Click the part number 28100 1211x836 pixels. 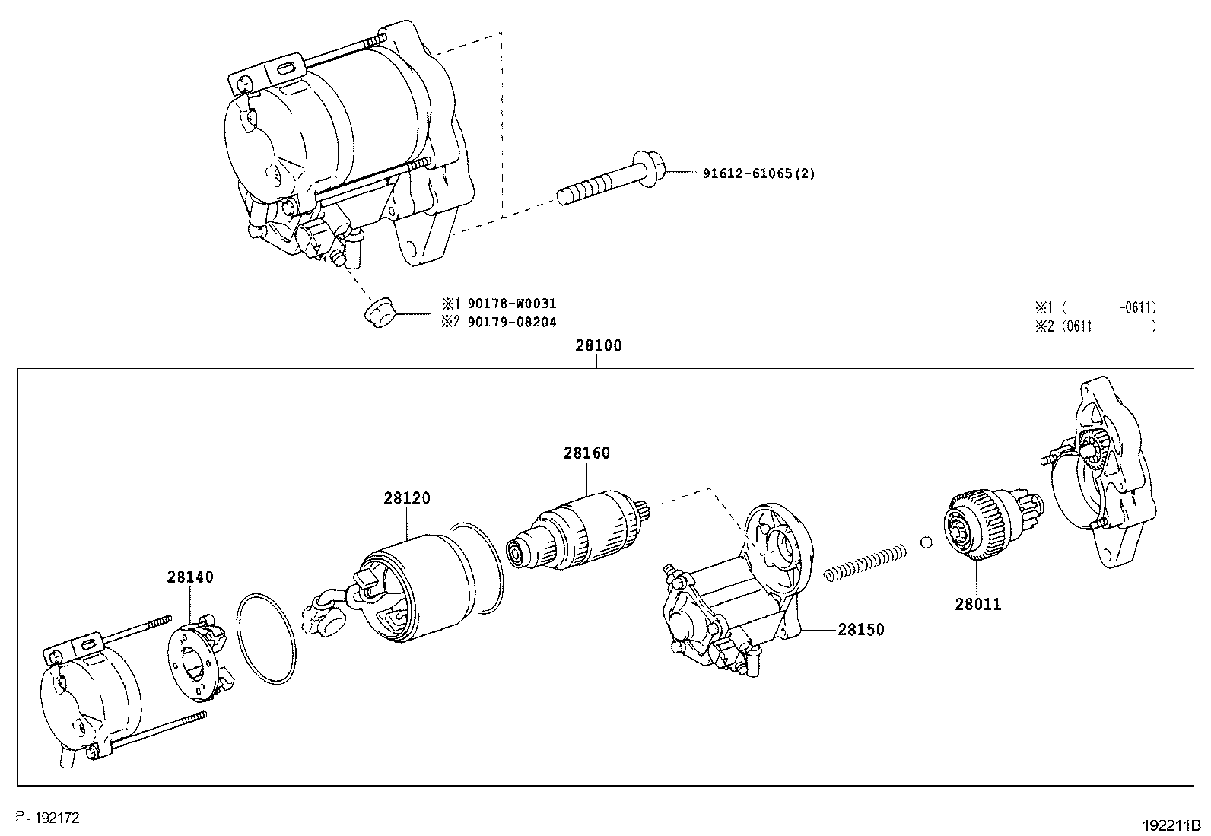click(598, 345)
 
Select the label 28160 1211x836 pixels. click(586, 453)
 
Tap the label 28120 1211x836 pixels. click(406, 498)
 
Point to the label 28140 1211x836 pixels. click(190, 577)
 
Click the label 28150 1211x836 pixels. click(861, 630)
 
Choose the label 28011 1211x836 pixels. click(978, 605)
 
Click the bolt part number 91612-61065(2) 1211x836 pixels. click(758, 173)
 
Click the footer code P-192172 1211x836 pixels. click(47, 818)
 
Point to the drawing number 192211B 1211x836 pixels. click(1170, 825)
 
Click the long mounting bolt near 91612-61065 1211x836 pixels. click(609, 179)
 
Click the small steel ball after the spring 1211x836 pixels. click(926, 543)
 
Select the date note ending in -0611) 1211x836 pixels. click(1095, 307)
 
